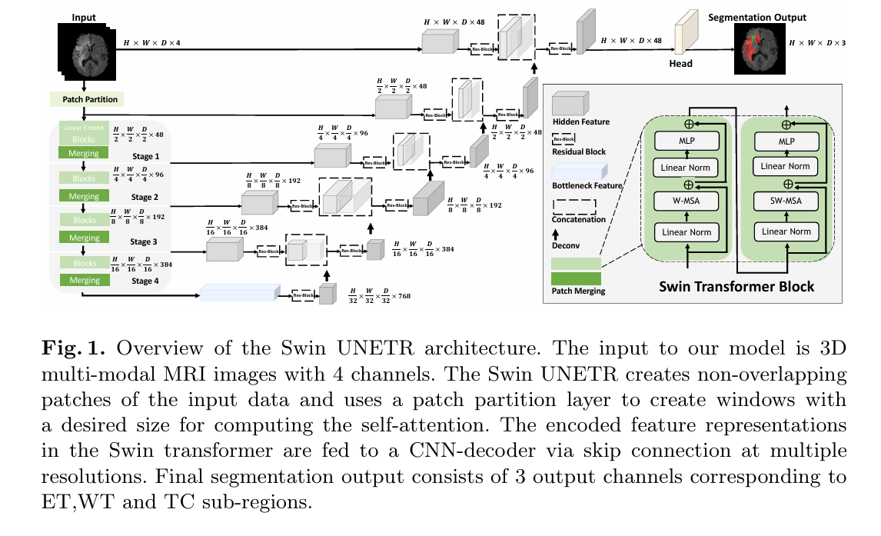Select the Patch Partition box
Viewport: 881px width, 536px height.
tap(85, 99)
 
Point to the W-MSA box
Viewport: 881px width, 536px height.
tap(687, 201)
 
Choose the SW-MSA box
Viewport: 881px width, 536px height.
tap(785, 201)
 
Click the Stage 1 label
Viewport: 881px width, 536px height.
tap(145, 156)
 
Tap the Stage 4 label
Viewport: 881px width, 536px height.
tap(145, 281)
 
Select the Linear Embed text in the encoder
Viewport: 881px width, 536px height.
tap(85, 128)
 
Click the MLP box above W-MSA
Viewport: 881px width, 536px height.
tap(687, 141)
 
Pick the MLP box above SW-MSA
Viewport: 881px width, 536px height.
tap(785, 141)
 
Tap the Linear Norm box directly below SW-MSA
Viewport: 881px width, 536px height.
tap(785, 231)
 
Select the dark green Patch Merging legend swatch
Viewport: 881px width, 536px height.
tap(576, 278)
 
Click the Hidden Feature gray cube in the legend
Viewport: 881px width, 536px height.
tap(570, 103)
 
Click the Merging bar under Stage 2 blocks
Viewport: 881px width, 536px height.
tap(85, 196)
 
